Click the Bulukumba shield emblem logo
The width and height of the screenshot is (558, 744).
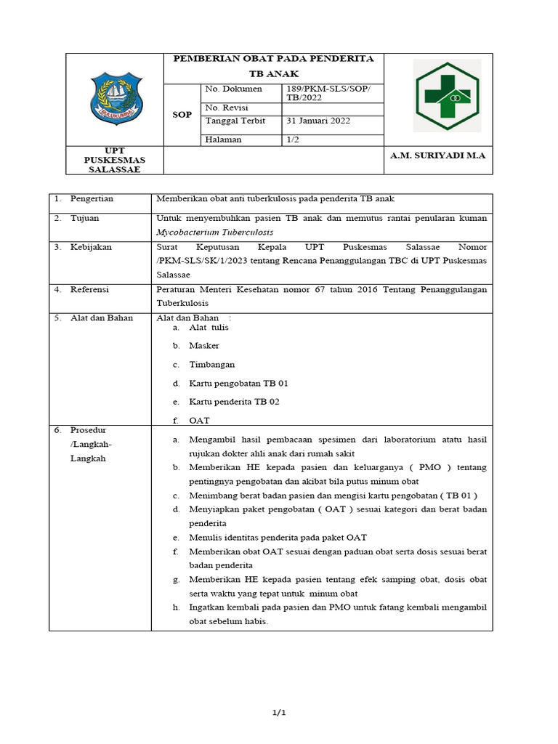click(115, 99)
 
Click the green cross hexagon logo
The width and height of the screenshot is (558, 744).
click(447, 96)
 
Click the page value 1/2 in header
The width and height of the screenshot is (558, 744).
click(293, 139)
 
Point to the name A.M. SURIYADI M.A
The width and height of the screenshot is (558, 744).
click(437, 155)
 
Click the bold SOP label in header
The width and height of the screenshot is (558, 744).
click(182, 115)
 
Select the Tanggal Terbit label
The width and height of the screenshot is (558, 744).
click(235, 121)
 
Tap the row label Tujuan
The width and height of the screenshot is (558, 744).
click(84, 218)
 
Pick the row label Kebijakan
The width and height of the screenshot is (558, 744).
click(91, 247)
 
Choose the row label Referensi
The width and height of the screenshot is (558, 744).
click(90, 289)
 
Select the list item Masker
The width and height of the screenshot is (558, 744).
click(204, 346)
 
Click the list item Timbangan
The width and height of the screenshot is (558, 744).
click(212, 365)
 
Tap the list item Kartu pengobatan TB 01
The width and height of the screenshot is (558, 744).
click(233, 383)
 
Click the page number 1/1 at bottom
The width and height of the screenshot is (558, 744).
click(279, 713)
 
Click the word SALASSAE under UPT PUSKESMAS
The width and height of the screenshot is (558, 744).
click(114, 169)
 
